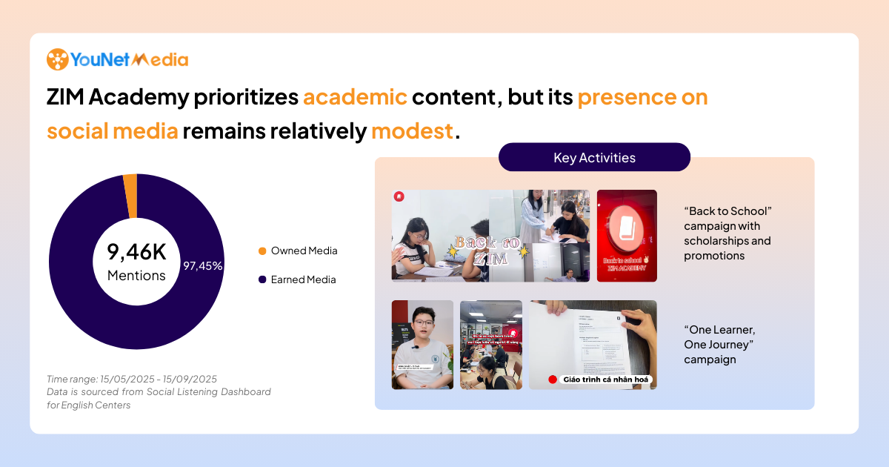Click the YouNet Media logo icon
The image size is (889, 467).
(x=57, y=59)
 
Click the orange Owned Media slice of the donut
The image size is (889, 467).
(x=130, y=196)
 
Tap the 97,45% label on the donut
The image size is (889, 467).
(x=202, y=265)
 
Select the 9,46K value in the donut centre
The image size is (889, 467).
(x=136, y=252)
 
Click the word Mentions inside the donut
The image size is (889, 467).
(x=136, y=276)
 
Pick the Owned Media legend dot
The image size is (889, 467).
(x=262, y=251)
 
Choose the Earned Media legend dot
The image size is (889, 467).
(x=262, y=280)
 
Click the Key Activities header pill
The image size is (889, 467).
(x=594, y=157)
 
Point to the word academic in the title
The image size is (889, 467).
(x=355, y=97)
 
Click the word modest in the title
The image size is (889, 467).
(x=412, y=131)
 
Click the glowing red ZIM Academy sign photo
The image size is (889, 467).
(x=627, y=236)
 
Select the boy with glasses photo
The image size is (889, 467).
(x=422, y=345)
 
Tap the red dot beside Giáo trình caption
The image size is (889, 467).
(x=553, y=380)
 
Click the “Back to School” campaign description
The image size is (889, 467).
(x=727, y=233)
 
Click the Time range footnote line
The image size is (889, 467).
(x=131, y=379)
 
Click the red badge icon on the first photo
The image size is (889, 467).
(x=399, y=196)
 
